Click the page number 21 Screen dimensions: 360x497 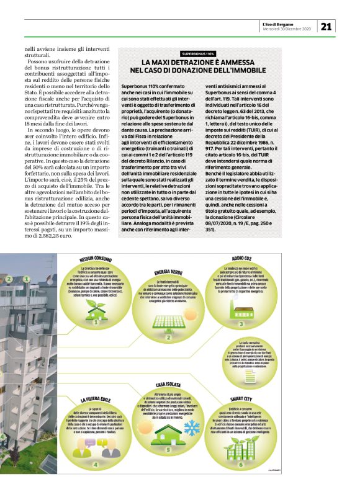coord(327,25)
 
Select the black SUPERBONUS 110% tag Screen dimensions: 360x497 coord(198,55)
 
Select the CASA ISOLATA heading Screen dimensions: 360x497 coord(168,367)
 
